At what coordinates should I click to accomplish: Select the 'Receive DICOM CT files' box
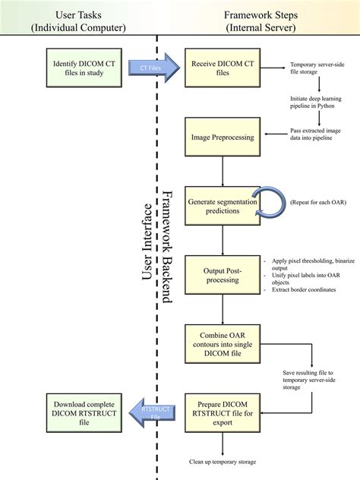[223, 68]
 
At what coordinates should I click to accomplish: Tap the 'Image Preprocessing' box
[223, 138]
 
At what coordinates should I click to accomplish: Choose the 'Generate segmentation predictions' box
[223, 207]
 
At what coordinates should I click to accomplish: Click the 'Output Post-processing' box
[223, 275]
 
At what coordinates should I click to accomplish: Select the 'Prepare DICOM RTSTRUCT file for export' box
[223, 412]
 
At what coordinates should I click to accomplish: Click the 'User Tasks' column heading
[80, 21]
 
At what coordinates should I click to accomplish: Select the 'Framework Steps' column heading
[259, 21]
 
